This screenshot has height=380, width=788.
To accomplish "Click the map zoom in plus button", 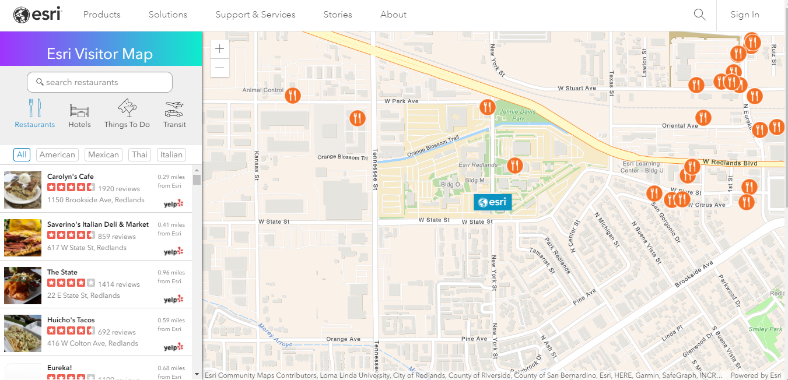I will (x=219, y=50).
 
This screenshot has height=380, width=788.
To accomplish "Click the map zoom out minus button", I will (x=219, y=68).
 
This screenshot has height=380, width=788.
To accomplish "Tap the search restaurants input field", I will (x=100, y=82).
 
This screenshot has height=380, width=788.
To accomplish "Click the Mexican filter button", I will (x=103, y=154).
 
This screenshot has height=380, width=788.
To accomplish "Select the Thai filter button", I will (x=139, y=154).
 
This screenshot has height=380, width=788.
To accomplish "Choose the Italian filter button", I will (x=171, y=154).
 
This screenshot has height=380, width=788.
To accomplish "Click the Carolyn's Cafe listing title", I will (x=71, y=177).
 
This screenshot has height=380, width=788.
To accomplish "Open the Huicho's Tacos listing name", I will (x=71, y=320).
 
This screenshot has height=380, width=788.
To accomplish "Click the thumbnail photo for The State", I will (x=23, y=285).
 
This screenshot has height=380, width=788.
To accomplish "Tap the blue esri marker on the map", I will (x=492, y=202).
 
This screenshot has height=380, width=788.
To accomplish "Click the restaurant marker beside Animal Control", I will (x=293, y=95).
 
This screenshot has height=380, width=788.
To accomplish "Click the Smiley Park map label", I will (x=766, y=329).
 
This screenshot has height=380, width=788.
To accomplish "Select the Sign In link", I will (x=745, y=15).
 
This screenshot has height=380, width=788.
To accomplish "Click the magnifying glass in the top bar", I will (x=700, y=15).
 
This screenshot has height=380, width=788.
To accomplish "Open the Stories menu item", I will (x=338, y=15).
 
